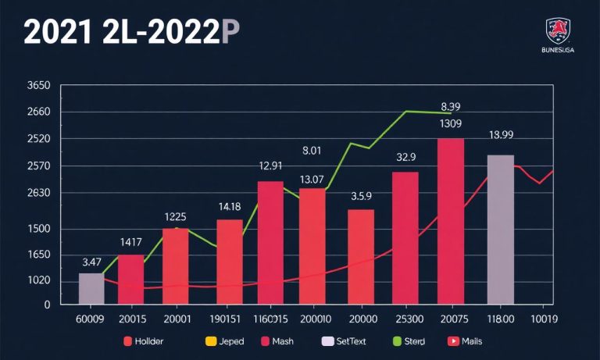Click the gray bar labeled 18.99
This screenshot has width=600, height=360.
pos(500,229)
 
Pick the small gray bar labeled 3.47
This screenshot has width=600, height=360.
pos(91,288)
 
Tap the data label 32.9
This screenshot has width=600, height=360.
pos(406,157)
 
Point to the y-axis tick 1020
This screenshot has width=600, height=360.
pos(16,281)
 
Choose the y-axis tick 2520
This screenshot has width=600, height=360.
pos(16,139)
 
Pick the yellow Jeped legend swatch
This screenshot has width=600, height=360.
pos(209,341)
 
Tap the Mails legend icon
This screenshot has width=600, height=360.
pos(452,341)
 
